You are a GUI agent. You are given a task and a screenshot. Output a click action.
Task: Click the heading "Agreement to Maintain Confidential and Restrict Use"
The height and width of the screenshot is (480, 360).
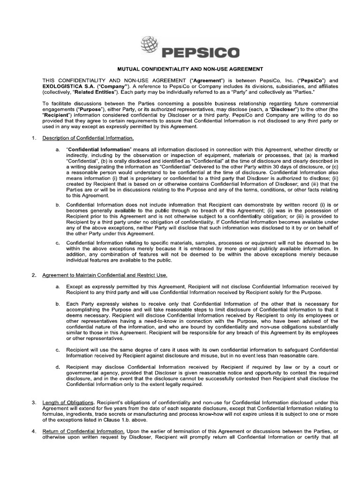pyautogui.click(x=105, y=275)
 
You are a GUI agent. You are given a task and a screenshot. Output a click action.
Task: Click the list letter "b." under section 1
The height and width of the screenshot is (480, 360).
pyautogui.click(x=58, y=205)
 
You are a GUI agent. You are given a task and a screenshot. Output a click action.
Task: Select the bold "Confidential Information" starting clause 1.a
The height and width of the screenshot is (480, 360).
pyautogui.click(x=96, y=149)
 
